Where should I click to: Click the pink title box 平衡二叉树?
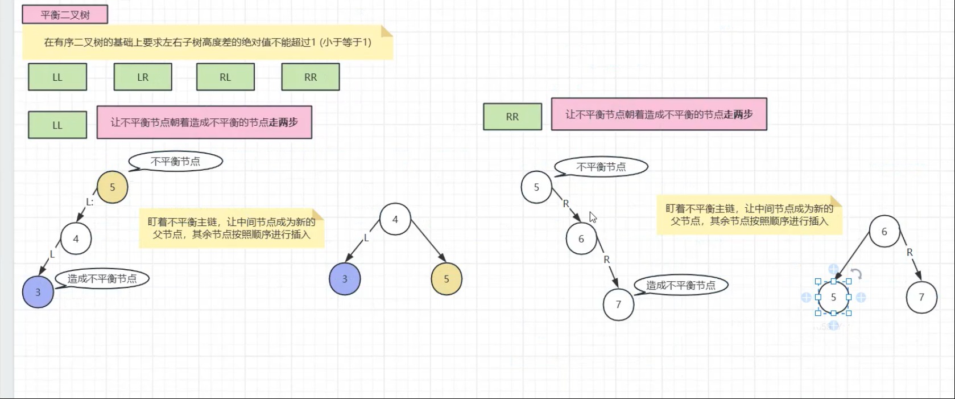tap(65, 15)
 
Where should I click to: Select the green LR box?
tap(143, 77)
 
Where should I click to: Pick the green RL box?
tap(225, 77)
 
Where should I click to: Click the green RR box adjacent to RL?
tap(311, 77)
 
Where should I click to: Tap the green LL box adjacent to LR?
tap(57, 77)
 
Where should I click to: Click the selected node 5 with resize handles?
tap(833, 297)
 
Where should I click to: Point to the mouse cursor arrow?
tap(592, 216)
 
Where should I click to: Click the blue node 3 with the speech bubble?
tap(38, 292)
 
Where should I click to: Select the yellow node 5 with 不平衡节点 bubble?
tap(112, 187)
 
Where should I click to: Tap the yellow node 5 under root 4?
tap(447, 279)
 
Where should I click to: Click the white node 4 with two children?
tap(395, 220)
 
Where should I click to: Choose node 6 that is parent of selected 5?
tap(884, 232)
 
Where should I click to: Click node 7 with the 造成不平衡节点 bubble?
tap(618, 305)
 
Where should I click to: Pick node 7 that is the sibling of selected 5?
tap(921, 297)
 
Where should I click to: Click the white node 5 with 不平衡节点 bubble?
tap(536, 187)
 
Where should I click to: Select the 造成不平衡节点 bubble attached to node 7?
tap(681, 285)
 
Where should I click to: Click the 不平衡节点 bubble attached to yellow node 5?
tap(176, 162)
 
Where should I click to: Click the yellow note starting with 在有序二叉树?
tap(208, 42)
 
